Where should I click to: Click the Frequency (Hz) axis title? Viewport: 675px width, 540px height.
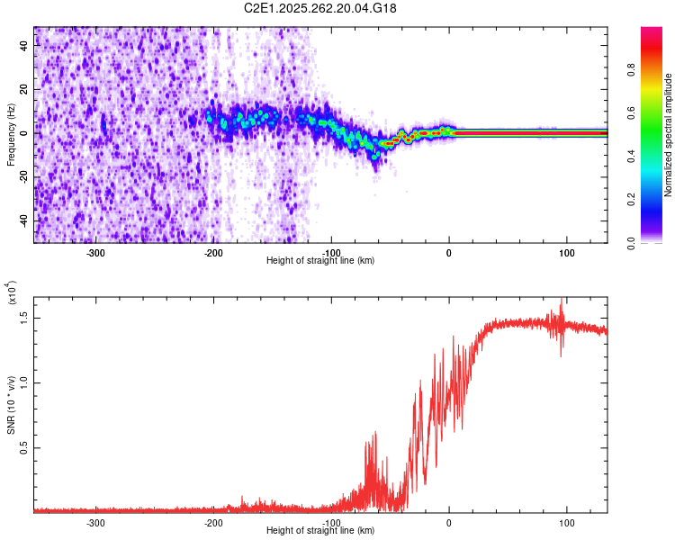[11, 135]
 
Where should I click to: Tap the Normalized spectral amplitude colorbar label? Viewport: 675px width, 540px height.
[669, 135]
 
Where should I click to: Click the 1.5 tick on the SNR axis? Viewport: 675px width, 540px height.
[24, 317]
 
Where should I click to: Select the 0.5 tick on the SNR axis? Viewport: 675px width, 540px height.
[24, 447]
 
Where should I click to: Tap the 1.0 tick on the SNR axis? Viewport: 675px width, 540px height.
[24, 382]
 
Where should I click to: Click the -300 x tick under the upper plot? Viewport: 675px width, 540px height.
[96, 253]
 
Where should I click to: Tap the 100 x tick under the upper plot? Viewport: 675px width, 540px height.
[567, 253]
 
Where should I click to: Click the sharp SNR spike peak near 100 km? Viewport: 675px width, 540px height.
[562, 301]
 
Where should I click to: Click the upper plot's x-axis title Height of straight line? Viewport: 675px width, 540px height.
[320, 261]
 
